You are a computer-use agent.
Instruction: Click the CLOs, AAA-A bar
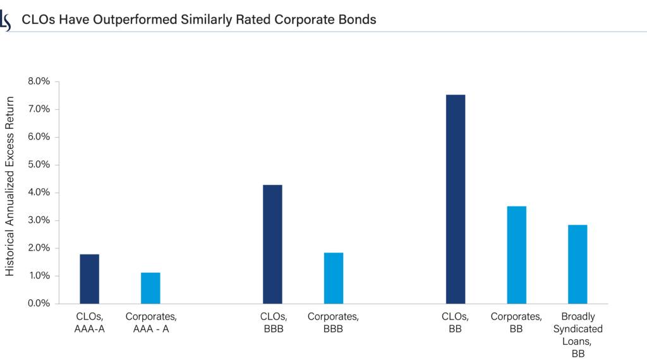pos(89,279)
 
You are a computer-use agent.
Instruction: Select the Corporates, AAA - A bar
pos(150,288)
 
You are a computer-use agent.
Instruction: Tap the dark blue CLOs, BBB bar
pos(272,244)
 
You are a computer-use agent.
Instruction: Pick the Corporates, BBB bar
pos(334,278)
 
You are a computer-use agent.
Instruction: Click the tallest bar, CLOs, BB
pos(456,199)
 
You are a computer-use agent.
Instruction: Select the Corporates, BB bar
pos(517,255)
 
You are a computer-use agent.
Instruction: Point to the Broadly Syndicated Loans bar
pos(577,264)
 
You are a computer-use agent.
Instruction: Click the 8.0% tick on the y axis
pos(38,81)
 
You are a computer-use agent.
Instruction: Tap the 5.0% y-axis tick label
pos(38,165)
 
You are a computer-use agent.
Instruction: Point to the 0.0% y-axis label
pos(38,304)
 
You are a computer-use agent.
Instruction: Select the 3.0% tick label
pos(38,220)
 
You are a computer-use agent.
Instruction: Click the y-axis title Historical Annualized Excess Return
pos(9,186)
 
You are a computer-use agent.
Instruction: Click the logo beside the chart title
pos(6,20)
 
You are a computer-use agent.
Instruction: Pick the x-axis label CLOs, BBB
pos(272,322)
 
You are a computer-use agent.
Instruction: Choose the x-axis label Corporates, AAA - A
pos(151,322)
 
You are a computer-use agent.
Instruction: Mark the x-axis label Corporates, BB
pos(517,322)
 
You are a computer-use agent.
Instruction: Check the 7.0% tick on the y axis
pos(38,109)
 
